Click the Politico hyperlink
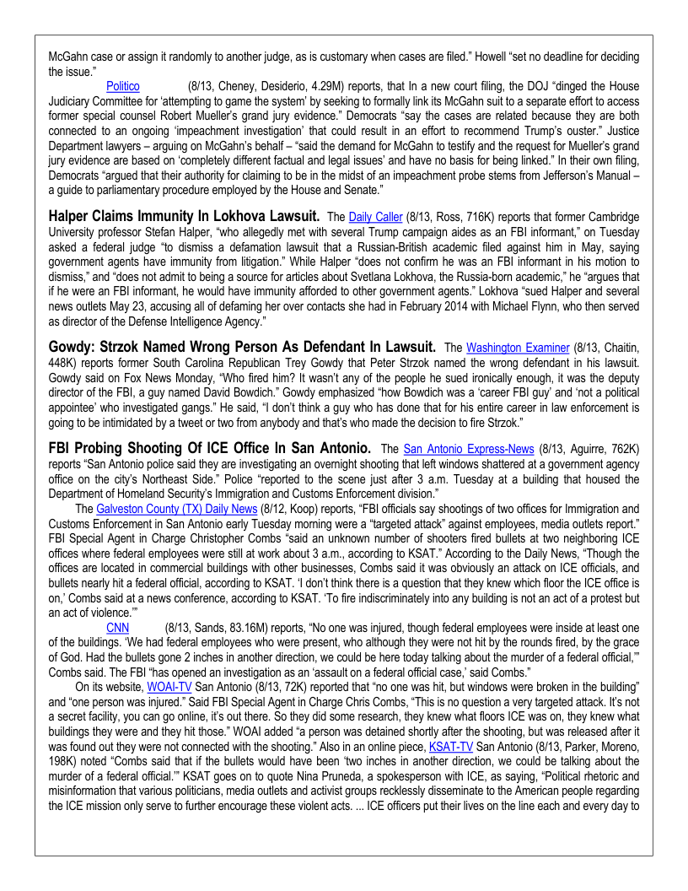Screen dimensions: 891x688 point(122,86)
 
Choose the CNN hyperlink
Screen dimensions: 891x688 point(118,627)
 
